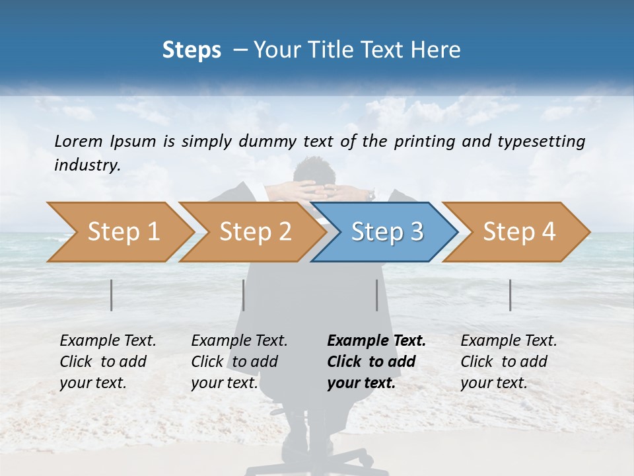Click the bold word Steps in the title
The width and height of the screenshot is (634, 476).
point(192,50)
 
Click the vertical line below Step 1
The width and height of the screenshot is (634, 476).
point(112,295)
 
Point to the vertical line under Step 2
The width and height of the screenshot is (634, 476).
point(244,295)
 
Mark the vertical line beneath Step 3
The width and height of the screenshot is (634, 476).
point(377,295)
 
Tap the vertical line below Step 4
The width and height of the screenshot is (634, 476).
point(511,295)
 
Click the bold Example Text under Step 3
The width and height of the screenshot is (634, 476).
point(376,341)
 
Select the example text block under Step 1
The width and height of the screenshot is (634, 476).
point(108,362)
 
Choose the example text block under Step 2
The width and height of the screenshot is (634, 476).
point(239,362)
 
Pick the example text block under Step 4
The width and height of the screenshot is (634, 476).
point(509,362)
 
